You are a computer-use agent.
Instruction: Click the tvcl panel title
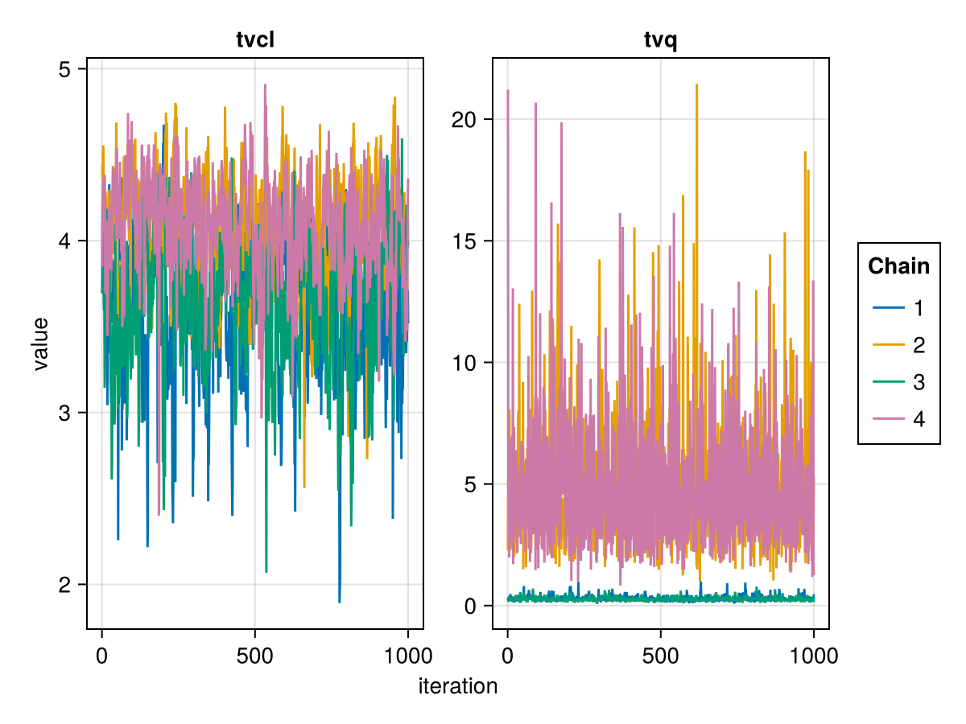(255, 39)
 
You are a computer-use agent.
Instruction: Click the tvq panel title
(660, 39)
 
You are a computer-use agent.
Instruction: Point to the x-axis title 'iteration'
(458, 686)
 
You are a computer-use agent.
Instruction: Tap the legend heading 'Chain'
(898, 266)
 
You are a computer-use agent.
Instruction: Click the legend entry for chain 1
(899, 308)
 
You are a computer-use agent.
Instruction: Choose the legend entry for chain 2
(899, 345)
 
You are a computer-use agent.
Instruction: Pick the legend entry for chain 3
(899, 382)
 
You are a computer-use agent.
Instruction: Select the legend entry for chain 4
(899, 419)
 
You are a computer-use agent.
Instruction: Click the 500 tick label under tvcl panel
(255, 656)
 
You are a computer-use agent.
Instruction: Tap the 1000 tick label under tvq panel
(813, 656)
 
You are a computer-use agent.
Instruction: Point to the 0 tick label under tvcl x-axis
(101, 656)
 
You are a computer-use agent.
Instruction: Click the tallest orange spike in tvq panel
(696, 84)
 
